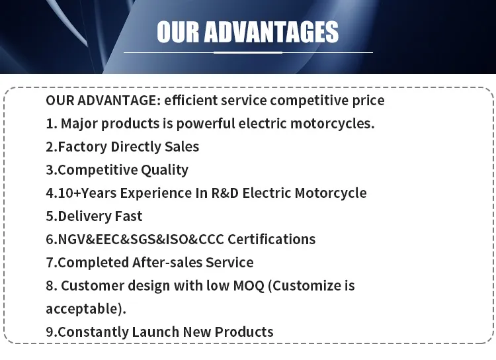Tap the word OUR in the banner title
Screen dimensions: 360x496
178,32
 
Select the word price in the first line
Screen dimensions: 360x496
364,101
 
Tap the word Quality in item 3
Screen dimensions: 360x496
165,170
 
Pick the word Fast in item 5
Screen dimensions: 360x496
128,216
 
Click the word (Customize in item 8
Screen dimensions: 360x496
305,286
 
